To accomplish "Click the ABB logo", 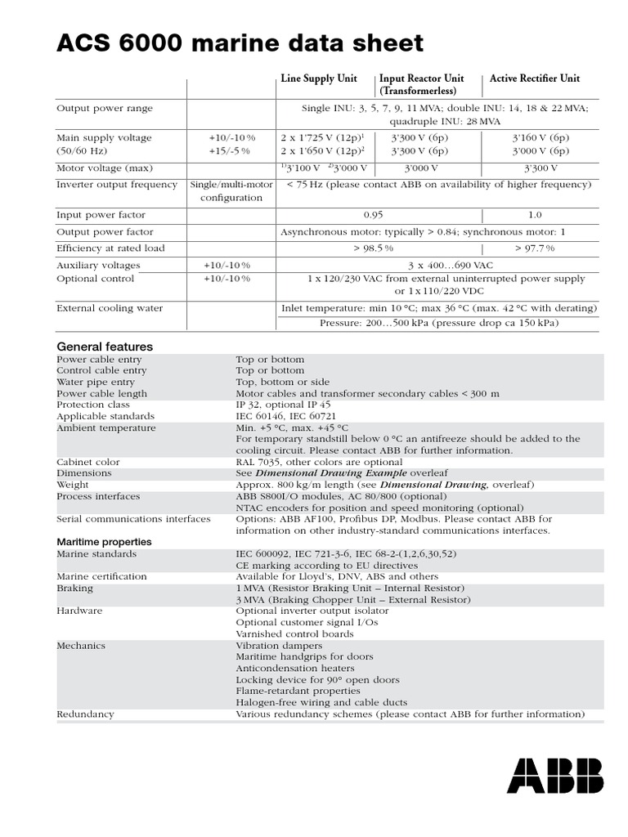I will point(555,775).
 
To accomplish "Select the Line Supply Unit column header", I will point(319,78).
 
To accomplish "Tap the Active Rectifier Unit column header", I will point(535,78).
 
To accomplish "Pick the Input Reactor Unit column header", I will point(421,84).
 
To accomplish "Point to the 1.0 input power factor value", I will point(535,215).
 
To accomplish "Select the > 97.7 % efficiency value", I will point(535,248).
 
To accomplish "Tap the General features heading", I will point(104,346).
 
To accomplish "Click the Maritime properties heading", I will point(104,542).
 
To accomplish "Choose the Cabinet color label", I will point(88,462).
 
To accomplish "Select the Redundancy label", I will point(85,714).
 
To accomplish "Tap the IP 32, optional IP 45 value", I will point(284,405).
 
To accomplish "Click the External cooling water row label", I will point(110,308).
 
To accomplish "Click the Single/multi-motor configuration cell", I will point(231,191).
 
